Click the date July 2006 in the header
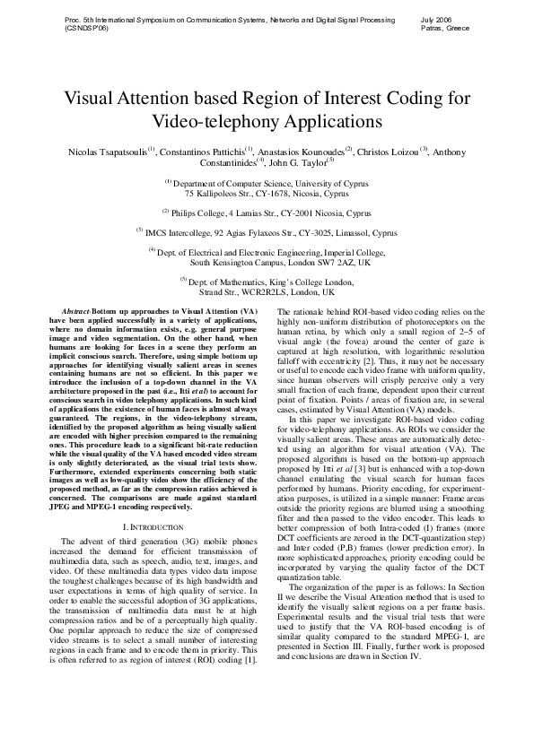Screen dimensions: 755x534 tap(435, 18)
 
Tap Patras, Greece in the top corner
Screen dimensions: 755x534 tap(442, 28)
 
